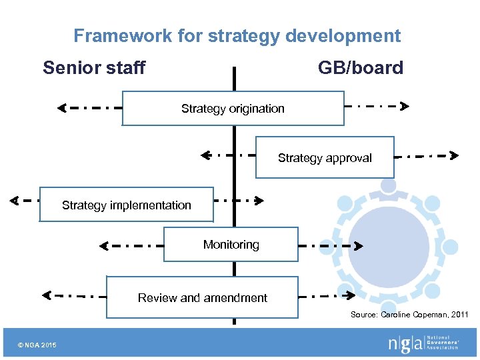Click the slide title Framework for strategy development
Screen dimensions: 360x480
[x=237, y=35]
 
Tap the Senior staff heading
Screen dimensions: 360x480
[x=94, y=67]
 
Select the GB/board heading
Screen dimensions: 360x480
[x=360, y=67]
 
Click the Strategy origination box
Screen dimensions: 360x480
[x=233, y=109]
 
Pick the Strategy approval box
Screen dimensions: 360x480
[x=325, y=158]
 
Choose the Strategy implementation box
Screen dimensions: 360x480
[x=127, y=205]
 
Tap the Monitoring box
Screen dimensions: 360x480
[x=231, y=245]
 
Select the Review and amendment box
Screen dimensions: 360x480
[x=202, y=298]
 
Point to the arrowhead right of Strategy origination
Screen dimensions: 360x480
[x=405, y=105]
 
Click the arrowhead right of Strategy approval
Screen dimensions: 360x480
[x=454, y=156]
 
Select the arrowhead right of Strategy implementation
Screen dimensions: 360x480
[x=260, y=200]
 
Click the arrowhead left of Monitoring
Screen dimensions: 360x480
[x=103, y=246]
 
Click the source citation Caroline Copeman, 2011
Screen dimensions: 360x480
[x=409, y=315]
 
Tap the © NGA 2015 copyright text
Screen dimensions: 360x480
[x=38, y=345]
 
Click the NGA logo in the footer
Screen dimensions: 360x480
[x=423, y=343]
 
